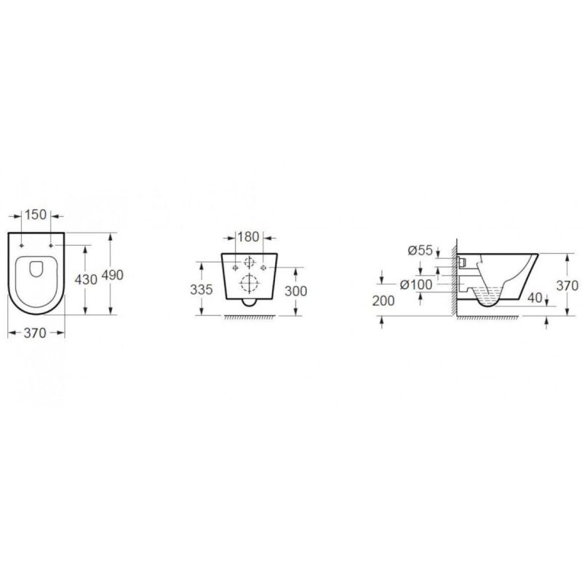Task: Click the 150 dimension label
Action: tap(36, 215)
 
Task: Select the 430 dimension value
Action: tap(86, 279)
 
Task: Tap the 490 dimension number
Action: tap(112, 276)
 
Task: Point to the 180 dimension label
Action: tap(248, 237)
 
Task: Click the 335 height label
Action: tap(202, 290)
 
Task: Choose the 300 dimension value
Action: tap(296, 292)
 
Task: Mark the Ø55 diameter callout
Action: tap(420, 250)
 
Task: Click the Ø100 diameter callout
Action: tap(416, 284)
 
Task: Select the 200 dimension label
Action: tap(383, 301)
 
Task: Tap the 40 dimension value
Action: tap(535, 298)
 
